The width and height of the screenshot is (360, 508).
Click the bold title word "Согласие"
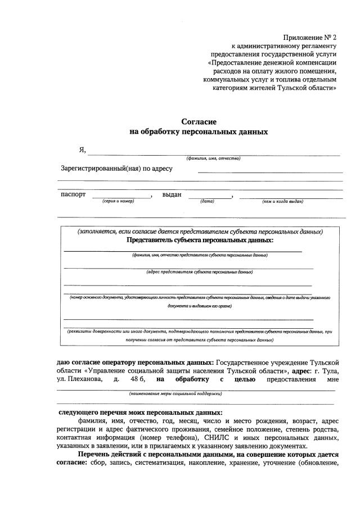pyautogui.click(x=199, y=121)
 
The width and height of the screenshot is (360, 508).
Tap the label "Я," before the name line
pyautogui.click(x=82, y=150)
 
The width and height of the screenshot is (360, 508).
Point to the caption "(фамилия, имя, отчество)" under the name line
pyautogui.click(x=214, y=158)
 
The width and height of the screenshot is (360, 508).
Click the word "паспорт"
pyautogui.click(x=73, y=194)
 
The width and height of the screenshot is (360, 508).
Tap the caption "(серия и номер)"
pyautogui.click(x=118, y=201)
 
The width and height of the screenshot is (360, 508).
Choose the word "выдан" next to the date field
pyautogui.click(x=172, y=194)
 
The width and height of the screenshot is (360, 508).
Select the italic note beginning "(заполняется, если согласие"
pyautogui.click(x=200, y=232)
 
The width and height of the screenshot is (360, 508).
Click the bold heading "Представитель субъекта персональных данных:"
pyautogui.click(x=200, y=240)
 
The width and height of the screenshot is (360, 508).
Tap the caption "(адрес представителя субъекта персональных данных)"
pyautogui.click(x=200, y=272)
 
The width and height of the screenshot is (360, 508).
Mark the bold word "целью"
pyautogui.click(x=245, y=379)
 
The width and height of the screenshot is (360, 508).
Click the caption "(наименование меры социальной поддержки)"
pyautogui.click(x=175, y=394)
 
